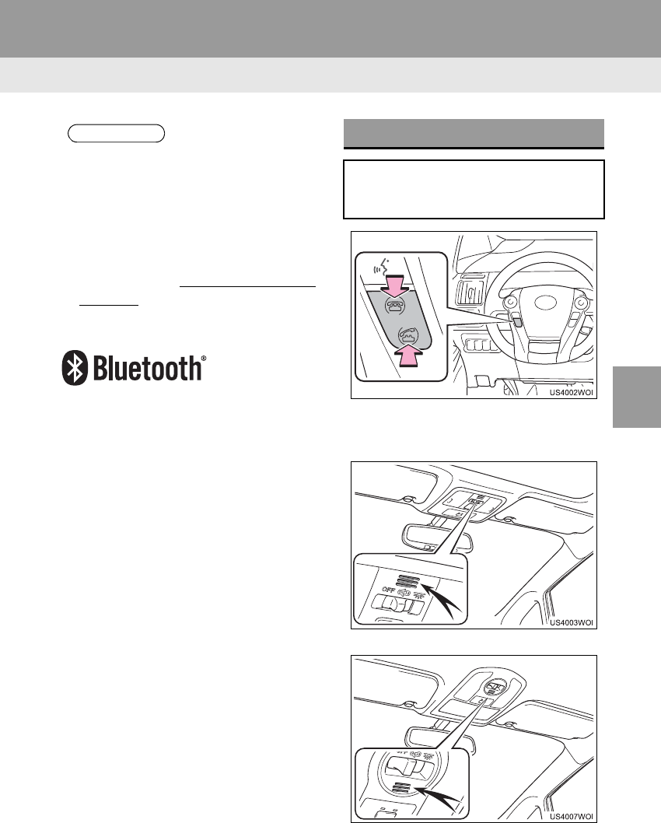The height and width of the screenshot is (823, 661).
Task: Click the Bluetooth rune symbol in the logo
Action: (x=74, y=369)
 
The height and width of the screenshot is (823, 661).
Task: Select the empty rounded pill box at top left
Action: (x=117, y=133)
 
